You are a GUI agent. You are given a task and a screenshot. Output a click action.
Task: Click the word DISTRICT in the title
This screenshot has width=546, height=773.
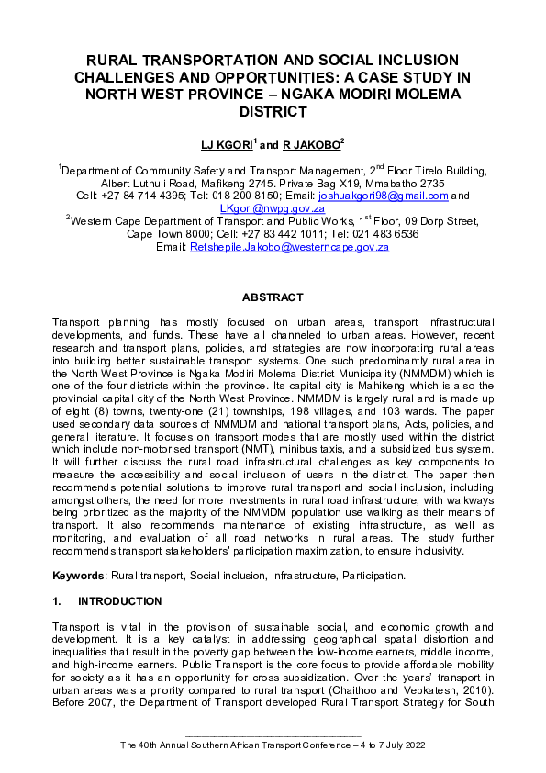tap(273, 112)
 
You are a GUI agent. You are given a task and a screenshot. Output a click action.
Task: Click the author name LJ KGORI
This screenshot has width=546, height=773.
tap(227, 144)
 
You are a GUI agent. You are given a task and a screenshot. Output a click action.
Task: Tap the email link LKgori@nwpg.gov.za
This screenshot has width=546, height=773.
tap(272, 208)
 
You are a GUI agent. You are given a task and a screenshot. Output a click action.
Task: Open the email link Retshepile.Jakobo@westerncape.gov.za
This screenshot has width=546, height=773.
tap(289, 247)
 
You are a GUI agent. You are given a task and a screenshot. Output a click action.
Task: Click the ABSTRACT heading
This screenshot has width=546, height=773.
tap(272, 298)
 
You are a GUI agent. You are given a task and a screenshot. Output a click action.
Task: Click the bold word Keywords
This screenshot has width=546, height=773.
tap(78, 576)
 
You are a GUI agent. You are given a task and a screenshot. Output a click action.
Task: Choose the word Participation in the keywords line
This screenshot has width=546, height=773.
tap(370, 576)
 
